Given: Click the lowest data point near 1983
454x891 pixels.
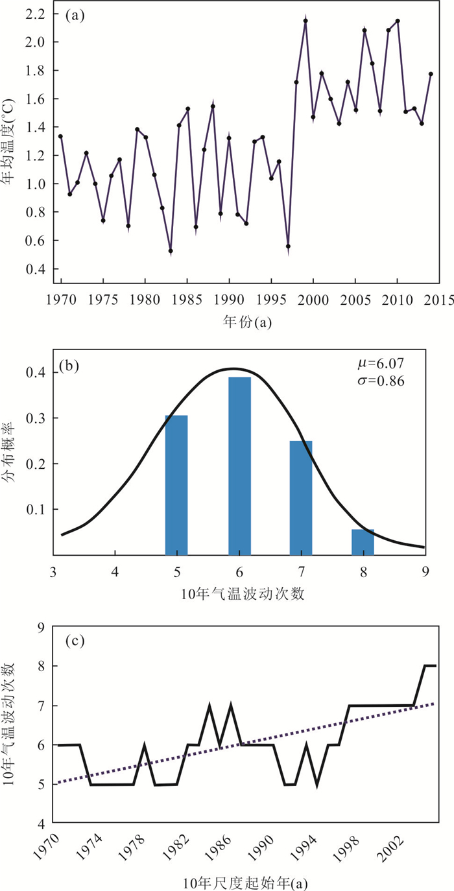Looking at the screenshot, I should coord(171,251).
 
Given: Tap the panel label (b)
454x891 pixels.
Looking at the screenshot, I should coord(69,364).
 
